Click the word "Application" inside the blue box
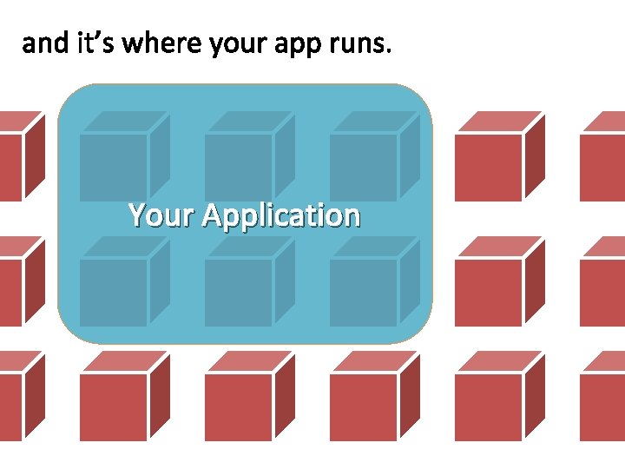click(280, 215)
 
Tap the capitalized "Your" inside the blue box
click(162, 215)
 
